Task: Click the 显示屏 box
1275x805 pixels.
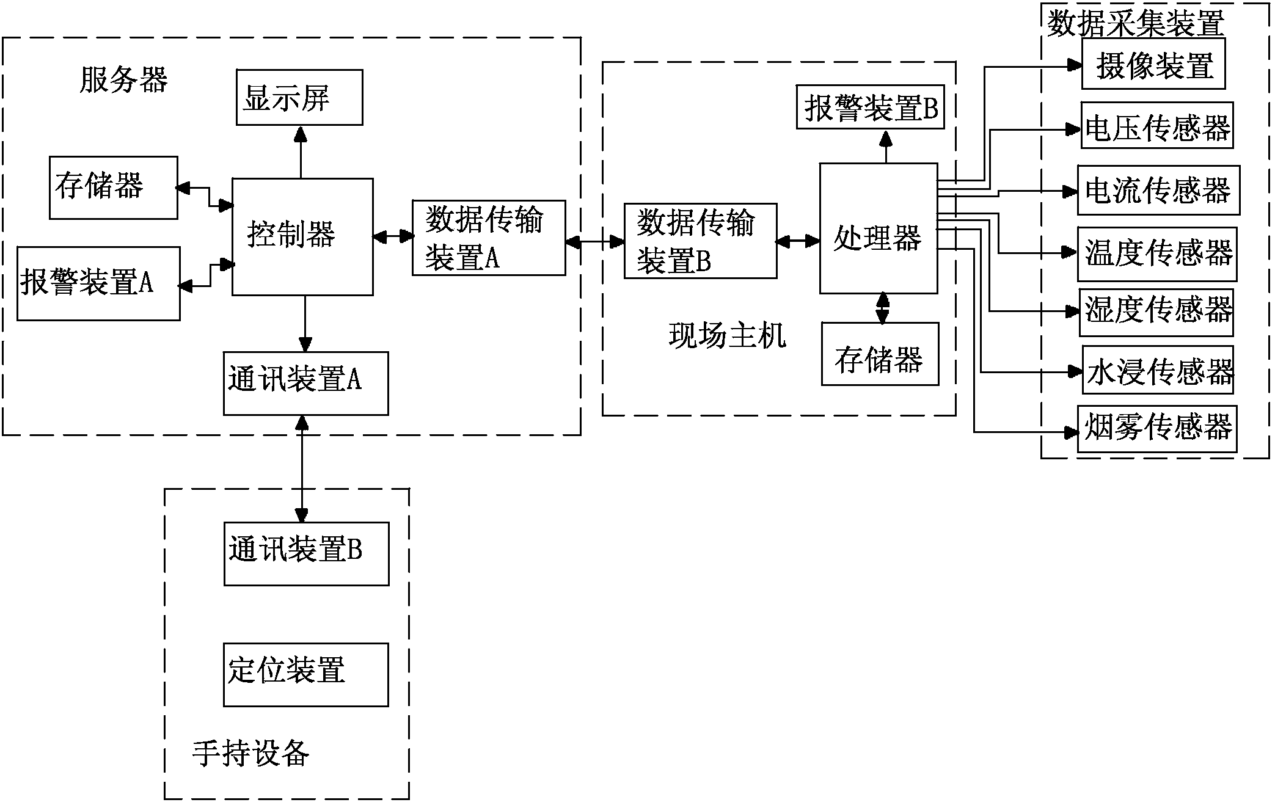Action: pos(299,98)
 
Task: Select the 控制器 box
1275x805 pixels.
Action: pos(302,237)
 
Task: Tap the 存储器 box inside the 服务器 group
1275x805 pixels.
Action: pos(114,188)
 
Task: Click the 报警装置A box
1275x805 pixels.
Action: pos(98,283)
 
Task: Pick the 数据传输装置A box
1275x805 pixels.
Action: pos(488,238)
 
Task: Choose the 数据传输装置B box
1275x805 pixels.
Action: pos(700,241)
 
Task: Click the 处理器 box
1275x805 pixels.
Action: pos(878,228)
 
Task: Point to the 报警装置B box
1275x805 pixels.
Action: pos(870,107)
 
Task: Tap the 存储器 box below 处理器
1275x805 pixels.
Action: pos(879,354)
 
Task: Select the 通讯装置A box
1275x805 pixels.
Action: pos(305,383)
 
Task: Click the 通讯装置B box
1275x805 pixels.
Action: pos(306,553)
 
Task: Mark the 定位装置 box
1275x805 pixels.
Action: pos(305,674)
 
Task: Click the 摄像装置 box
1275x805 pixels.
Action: pos(1153,64)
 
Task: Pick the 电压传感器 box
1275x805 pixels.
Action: pos(1156,126)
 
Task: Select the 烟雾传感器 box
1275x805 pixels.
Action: pos(1156,429)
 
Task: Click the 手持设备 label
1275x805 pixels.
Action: pos(250,753)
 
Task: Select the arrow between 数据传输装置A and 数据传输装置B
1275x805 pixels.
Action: pos(594,242)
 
